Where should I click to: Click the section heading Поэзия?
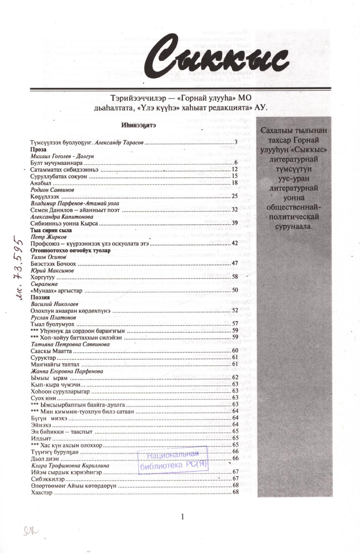coord(40,297)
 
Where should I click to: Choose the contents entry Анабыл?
coord(40,183)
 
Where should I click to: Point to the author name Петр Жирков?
coord(48,237)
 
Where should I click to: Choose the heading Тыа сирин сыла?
coord(51,230)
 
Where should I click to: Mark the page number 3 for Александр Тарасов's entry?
coord(236,143)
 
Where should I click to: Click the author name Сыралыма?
coord(44,284)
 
